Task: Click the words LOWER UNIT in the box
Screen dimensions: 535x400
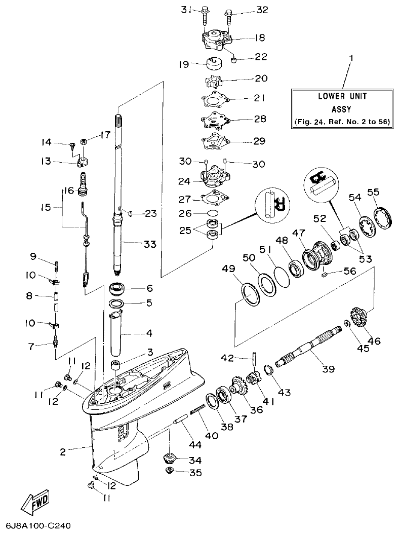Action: click(x=342, y=96)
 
